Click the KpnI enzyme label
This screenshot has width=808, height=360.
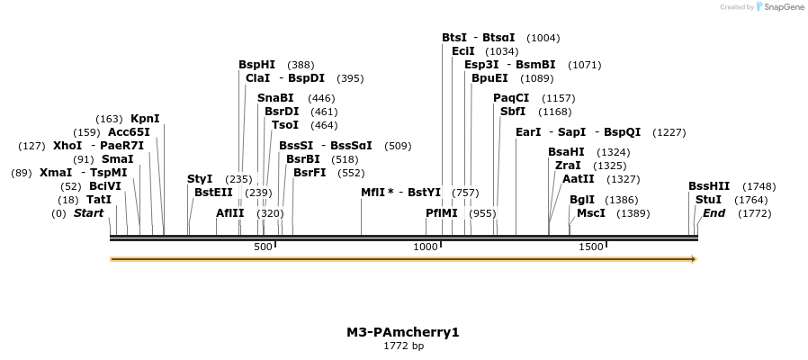click(x=145, y=119)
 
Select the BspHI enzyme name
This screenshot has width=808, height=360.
click(x=256, y=65)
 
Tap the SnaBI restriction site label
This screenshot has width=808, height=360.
click(x=275, y=98)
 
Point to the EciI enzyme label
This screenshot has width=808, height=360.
click(x=462, y=51)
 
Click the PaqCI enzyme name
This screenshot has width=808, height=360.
click(x=510, y=98)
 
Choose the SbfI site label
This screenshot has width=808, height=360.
click(x=513, y=112)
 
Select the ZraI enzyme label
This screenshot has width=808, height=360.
click(x=568, y=166)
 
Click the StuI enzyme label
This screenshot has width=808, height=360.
click(x=708, y=200)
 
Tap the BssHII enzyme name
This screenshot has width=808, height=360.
click(x=709, y=186)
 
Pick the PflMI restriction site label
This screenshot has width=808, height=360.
click(x=442, y=213)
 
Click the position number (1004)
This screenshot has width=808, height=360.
click(x=543, y=38)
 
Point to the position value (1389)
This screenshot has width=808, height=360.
click(x=633, y=213)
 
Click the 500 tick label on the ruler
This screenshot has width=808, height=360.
click(x=263, y=247)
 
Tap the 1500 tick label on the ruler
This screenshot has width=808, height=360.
click(x=590, y=247)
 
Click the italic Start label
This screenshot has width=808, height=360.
click(x=89, y=213)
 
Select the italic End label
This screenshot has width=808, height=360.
click(x=714, y=213)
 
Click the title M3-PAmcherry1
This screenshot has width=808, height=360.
click(x=403, y=332)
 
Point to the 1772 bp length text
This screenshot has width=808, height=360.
click(x=403, y=346)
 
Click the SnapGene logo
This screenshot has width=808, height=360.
click(x=780, y=7)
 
